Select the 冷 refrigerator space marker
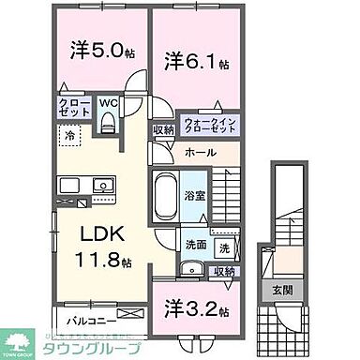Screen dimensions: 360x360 (x=71, y=135)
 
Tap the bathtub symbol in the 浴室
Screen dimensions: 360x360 (x=170, y=194)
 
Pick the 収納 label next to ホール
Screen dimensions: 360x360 (x=163, y=130)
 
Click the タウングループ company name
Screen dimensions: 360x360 (x=88, y=347)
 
